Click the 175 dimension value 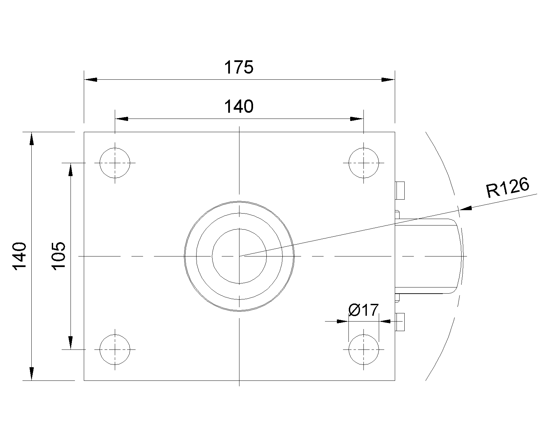(x=239, y=67)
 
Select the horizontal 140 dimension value (x=239, y=106)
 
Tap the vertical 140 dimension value (x=20, y=256)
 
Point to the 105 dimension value (x=59, y=256)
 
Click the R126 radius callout (x=508, y=187)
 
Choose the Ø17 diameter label (x=363, y=310)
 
